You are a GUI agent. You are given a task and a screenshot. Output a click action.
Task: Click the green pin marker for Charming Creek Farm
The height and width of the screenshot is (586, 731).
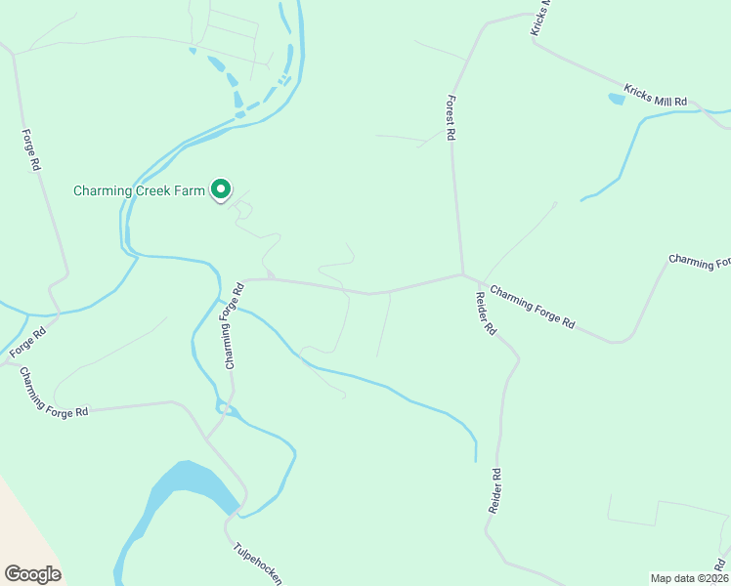coord(222,189)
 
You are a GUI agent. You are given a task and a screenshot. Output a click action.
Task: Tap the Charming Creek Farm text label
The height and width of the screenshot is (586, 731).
coord(139,190)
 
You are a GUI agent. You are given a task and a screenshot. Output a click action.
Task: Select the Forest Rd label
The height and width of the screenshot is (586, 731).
coord(451,118)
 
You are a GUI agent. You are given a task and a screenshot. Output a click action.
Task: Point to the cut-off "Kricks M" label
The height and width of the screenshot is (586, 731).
coord(541,18)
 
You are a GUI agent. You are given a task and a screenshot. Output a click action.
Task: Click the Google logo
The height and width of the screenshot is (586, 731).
coord(32,574)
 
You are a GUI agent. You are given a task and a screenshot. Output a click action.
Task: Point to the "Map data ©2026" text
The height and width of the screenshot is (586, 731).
coord(689,577)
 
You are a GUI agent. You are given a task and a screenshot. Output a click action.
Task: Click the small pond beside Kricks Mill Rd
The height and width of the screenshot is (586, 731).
coord(617,98)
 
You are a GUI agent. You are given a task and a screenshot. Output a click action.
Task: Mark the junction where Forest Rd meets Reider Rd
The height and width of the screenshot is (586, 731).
coord(463,274)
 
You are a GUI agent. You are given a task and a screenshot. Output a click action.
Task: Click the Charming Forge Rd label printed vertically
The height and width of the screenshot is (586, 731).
coord(231,333)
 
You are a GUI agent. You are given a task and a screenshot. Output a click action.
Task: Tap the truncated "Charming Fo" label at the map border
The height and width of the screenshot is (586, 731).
coord(700,262)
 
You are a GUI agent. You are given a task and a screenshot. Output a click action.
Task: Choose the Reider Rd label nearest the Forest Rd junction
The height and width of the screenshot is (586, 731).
coord(486,314)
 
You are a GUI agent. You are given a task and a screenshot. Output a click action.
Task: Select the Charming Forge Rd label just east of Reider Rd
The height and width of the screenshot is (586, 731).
coord(533,306)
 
